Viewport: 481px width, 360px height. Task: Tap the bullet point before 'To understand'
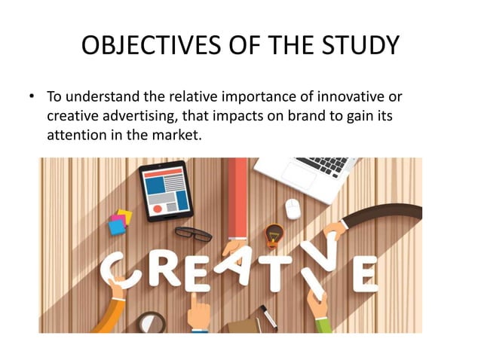[x=32, y=98]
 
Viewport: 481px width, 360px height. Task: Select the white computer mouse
[x=293, y=209]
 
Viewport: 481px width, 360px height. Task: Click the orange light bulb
[x=274, y=233]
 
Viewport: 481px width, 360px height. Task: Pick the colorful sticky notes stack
[x=119, y=222]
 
